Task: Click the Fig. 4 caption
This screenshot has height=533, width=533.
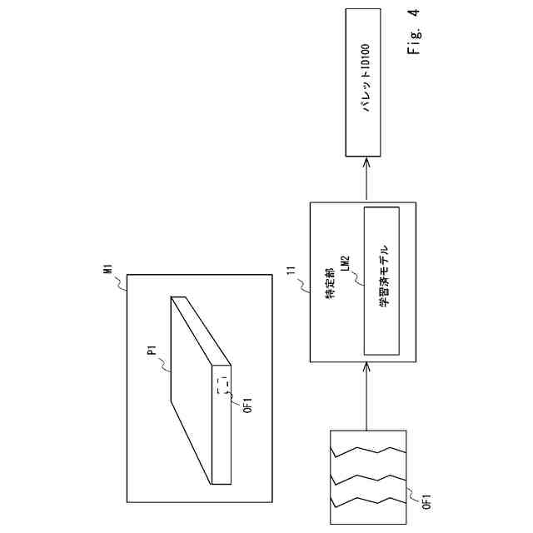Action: (414, 32)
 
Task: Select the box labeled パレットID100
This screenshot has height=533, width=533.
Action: (364, 82)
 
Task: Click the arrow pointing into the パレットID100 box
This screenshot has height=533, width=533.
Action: (364, 177)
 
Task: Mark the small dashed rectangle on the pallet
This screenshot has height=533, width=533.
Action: (222, 385)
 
